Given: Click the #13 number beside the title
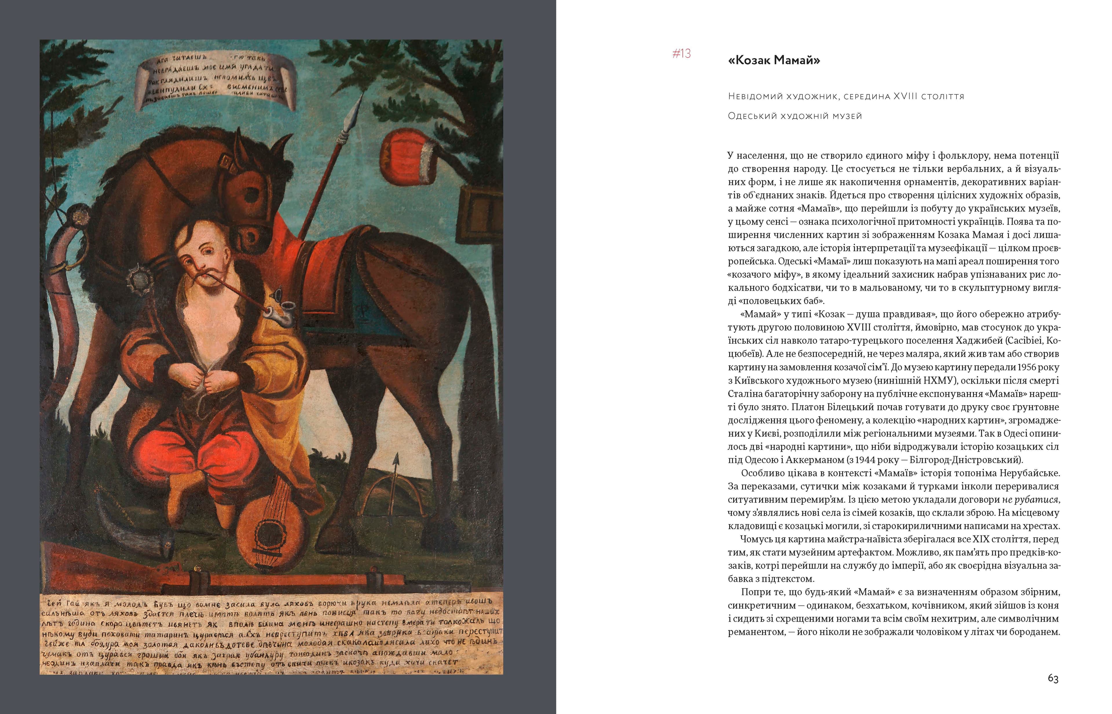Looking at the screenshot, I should tap(681, 54).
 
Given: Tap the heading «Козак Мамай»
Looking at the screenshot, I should tap(774, 60).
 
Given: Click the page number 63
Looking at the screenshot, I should tap(1053, 679).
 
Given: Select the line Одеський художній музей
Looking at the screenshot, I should tap(795, 116).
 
